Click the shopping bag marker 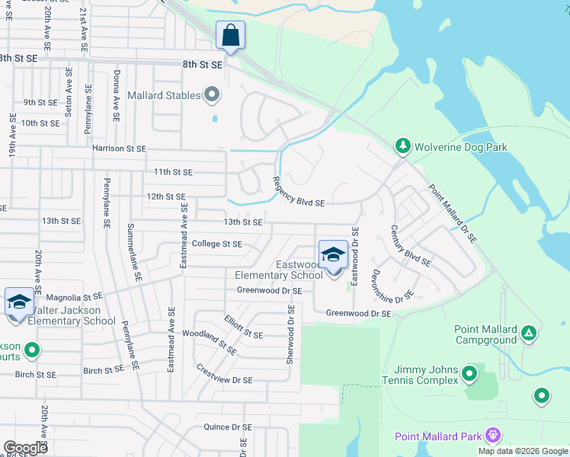point(230,35)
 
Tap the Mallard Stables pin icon point(212,95)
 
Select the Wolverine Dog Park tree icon point(402,145)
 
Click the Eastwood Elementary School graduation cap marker point(333,255)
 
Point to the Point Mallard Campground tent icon point(529,332)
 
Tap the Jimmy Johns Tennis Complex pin point(469,373)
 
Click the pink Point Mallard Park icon point(493,436)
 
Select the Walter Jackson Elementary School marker point(19,302)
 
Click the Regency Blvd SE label point(299,193)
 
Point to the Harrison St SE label point(119,149)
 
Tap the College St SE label point(216,244)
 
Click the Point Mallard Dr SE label point(452,214)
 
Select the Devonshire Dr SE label point(392,286)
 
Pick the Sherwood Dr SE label point(290,334)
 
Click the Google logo point(25,448)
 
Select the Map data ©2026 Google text point(522,451)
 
